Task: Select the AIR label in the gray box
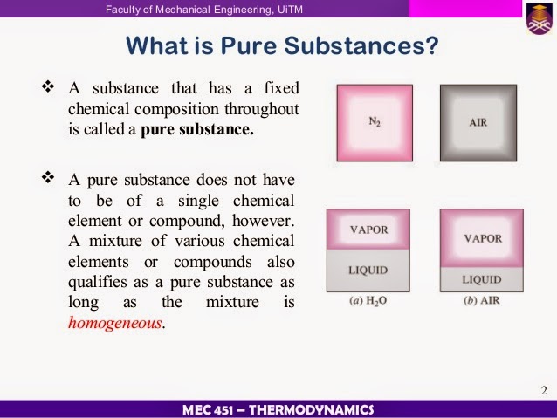[x=478, y=122]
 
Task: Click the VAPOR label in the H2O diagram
[x=368, y=230]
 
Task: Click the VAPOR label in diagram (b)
[x=483, y=237]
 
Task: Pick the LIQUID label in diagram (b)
[x=482, y=279]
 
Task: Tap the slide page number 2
[x=543, y=387]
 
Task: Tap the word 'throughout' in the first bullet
[x=263, y=110]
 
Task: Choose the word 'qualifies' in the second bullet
[x=95, y=280]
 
